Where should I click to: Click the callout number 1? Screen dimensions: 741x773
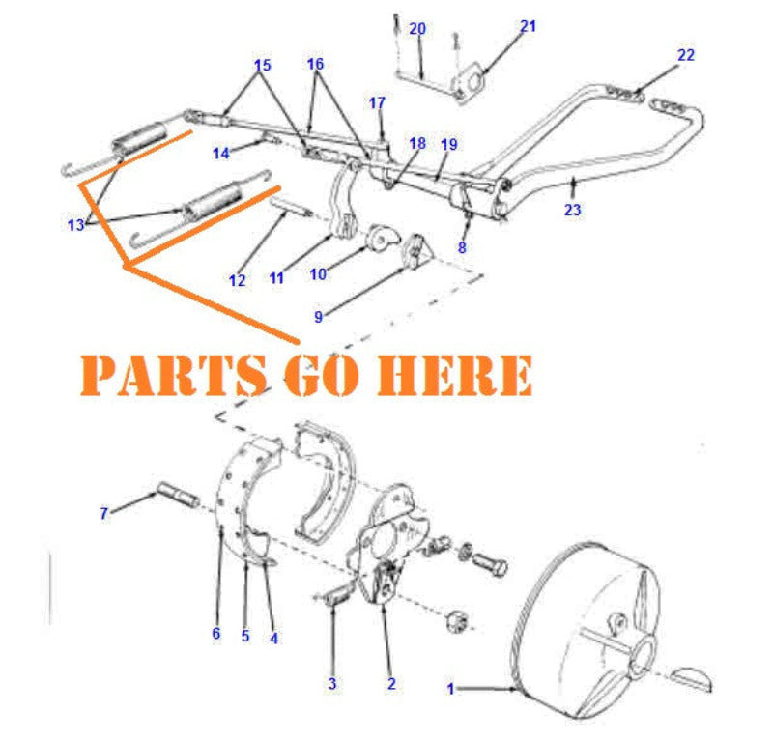point(450,689)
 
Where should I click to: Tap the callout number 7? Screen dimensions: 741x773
point(103,514)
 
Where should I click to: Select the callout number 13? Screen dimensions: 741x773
point(76,225)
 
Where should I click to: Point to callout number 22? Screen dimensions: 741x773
point(685,55)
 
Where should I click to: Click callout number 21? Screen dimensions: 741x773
point(527,26)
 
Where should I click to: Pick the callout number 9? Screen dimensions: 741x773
point(318,314)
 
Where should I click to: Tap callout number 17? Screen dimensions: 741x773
point(377,102)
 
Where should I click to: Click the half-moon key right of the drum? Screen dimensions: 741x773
point(693,677)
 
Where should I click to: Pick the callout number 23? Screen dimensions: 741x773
point(573,210)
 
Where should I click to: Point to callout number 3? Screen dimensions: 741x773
point(331,684)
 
